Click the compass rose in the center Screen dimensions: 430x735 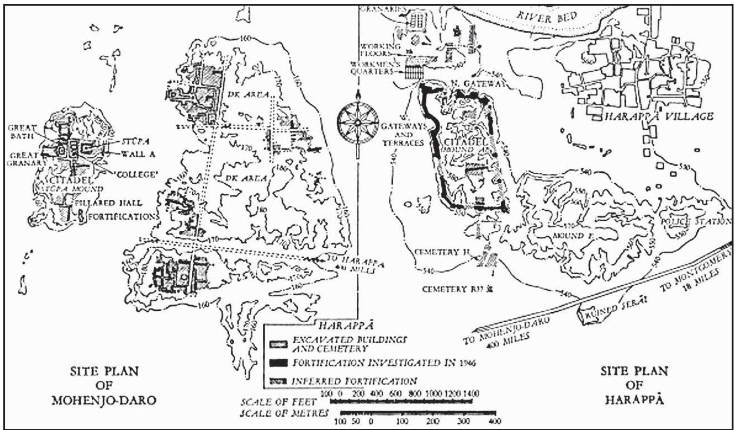[357, 122]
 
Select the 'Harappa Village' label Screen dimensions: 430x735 [659, 116]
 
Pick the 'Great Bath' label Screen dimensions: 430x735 [22, 132]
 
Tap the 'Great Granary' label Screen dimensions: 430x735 [24, 159]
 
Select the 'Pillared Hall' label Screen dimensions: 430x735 [109, 203]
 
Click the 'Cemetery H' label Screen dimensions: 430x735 [442, 252]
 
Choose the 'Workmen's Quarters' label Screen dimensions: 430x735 [372, 68]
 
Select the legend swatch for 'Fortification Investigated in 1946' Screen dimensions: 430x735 [279, 363]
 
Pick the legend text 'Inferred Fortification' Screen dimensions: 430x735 [354, 381]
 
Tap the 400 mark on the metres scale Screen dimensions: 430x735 [495, 421]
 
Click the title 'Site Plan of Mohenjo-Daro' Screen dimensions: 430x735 [104, 386]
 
